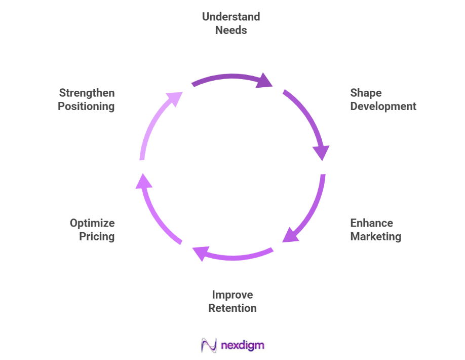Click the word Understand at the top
click(x=231, y=17)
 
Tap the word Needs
click(x=231, y=30)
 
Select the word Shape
click(x=366, y=93)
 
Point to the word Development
click(x=383, y=106)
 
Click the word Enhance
click(x=371, y=223)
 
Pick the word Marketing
click(x=375, y=237)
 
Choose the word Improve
click(x=232, y=295)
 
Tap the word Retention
click(x=232, y=308)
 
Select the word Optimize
click(x=92, y=223)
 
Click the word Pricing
click(x=97, y=237)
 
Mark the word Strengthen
click(x=87, y=93)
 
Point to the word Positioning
click(x=86, y=106)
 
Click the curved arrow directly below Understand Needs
click(x=230, y=79)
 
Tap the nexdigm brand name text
click(x=243, y=346)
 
